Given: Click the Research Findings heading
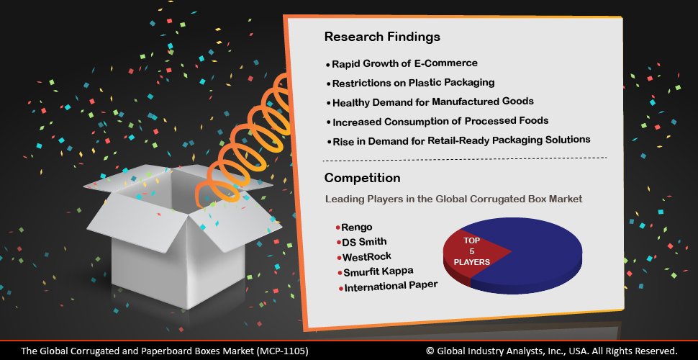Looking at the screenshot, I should [381, 36].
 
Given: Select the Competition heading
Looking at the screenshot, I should [362, 177].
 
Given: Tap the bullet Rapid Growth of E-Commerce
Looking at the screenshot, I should [404, 64].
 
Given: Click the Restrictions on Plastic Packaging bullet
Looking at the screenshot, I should [413, 84].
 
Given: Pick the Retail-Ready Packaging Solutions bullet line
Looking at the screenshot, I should [461, 140].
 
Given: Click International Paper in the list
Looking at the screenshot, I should [391, 287].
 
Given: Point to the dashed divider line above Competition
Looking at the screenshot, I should [464, 158].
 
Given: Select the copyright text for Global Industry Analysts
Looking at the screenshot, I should [551, 351].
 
